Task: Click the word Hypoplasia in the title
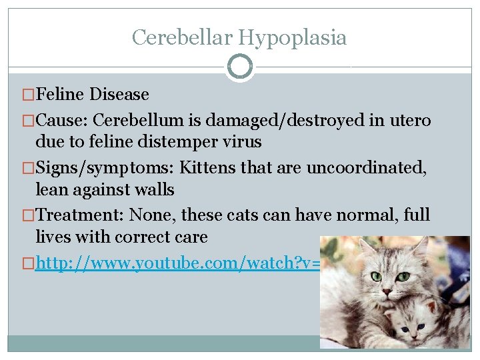(291, 37)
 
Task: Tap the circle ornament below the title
(240, 67)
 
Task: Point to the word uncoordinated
(366, 168)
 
